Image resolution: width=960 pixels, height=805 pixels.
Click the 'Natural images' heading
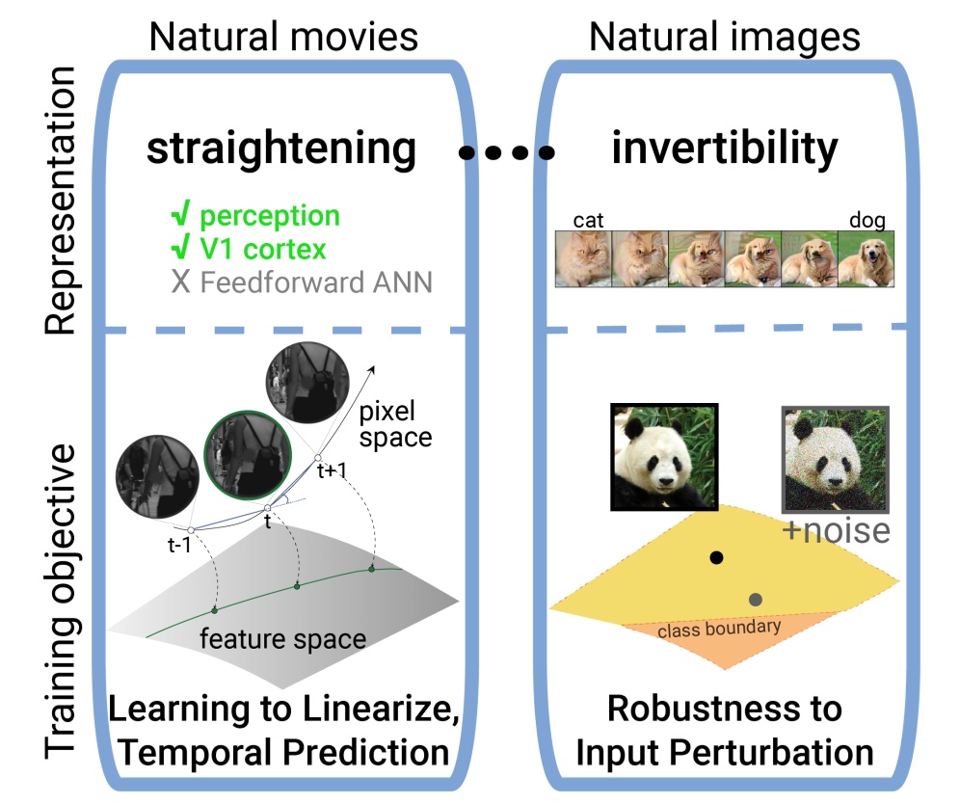724,37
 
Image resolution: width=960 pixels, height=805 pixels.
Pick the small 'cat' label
588,220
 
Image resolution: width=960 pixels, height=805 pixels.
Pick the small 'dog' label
867,220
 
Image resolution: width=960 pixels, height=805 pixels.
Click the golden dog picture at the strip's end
867,258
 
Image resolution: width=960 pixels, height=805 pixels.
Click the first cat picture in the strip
583,258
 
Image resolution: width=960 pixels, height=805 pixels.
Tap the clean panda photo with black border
665,456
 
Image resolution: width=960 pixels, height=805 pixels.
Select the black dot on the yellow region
715,557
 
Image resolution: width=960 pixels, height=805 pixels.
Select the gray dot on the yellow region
756,600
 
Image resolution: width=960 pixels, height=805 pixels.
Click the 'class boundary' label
719,631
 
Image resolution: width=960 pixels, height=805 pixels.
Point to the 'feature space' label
283,638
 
